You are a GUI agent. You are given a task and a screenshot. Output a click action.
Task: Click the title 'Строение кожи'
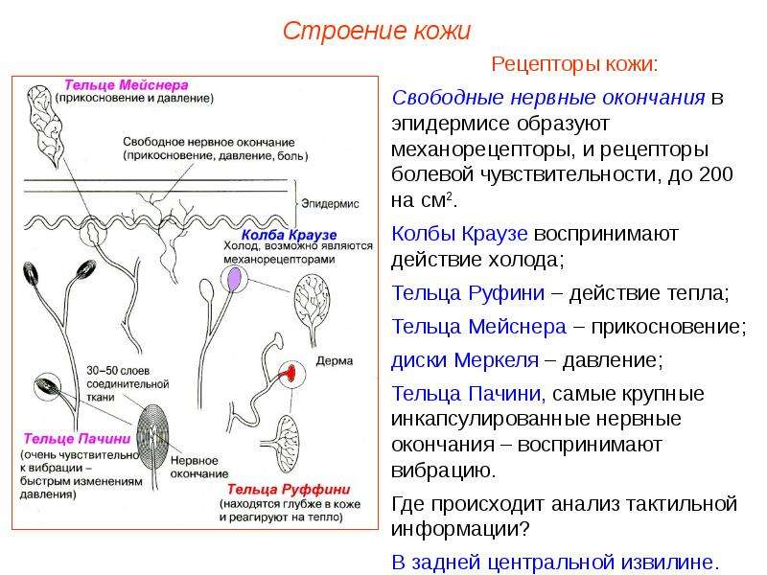pyautogui.click(x=377, y=32)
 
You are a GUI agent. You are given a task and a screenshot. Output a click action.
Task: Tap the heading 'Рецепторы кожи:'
pyautogui.click(x=574, y=64)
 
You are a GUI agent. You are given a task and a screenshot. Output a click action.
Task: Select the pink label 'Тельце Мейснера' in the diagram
pyautogui.click(x=127, y=85)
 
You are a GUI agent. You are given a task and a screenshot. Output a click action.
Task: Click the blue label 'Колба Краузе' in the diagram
pyautogui.click(x=290, y=235)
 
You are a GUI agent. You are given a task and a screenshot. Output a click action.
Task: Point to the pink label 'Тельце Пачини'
pyautogui.click(x=78, y=439)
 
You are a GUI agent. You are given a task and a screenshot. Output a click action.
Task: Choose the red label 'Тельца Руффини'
pyautogui.click(x=289, y=490)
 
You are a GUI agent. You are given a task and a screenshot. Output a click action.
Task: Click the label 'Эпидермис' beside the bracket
pyautogui.click(x=330, y=204)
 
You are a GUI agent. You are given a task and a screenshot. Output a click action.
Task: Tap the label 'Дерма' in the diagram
pyautogui.click(x=335, y=361)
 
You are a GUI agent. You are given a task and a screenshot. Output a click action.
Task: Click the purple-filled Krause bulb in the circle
pyautogui.click(x=235, y=279)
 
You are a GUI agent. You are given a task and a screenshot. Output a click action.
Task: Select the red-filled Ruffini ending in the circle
pyautogui.click(x=291, y=373)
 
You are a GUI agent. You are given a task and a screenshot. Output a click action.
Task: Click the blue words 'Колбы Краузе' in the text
pyautogui.click(x=459, y=234)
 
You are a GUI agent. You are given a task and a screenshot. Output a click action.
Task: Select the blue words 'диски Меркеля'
pyautogui.click(x=465, y=360)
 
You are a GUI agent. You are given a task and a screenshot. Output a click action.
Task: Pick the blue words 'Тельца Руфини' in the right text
pyautogui.click(x=468, y=293)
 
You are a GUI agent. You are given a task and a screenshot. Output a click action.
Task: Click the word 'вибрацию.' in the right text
pyautogui.click(x=444, y=471)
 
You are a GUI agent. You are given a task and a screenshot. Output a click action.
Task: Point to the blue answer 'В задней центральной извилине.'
pyautogui.click(x=556, y=563)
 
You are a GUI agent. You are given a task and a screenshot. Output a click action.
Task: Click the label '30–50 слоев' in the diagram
pyautogui.click(x=118, y=371)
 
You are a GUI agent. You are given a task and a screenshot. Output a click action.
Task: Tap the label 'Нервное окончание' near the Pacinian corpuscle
pyautogui.click(x=199, y=467)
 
